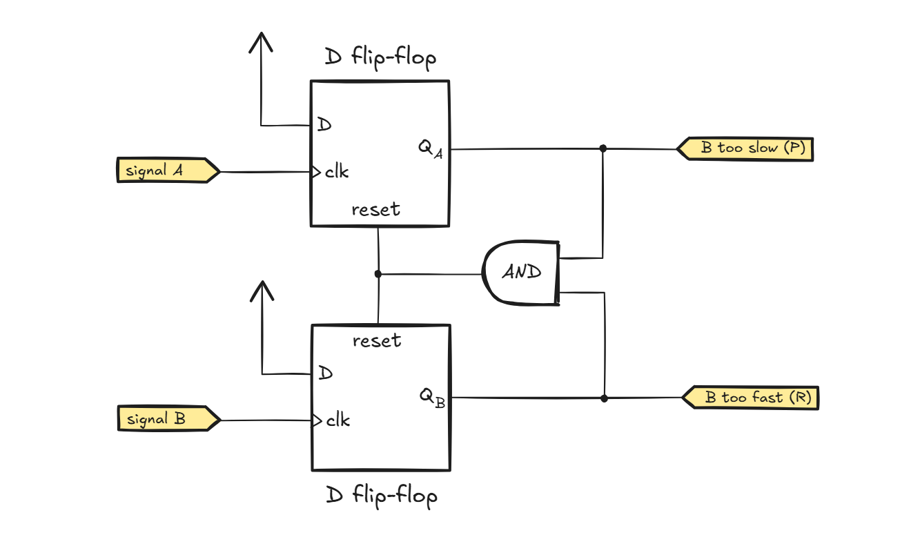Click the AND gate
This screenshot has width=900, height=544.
(x=521, y=272)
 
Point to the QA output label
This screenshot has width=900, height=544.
(x=429, y=149)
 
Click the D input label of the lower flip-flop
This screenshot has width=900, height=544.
(x=325, y=373)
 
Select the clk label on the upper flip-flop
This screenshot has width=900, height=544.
(x=337, y=172)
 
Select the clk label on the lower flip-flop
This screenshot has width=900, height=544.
(x=337, y=420)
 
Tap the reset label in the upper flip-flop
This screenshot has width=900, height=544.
(x=375, y=209)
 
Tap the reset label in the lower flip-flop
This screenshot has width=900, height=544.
(x=377, y=340)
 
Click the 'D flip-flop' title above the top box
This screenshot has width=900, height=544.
(x=380, y=59)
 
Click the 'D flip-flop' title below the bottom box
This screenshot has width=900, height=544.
(x=381, y=496)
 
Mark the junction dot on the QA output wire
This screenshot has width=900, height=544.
(x=603, y=148)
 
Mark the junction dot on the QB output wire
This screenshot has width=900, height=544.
(x=604, y=398)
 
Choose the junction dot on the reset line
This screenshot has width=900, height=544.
(x=378, y=274)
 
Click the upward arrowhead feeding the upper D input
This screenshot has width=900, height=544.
(x=261, y=42)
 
